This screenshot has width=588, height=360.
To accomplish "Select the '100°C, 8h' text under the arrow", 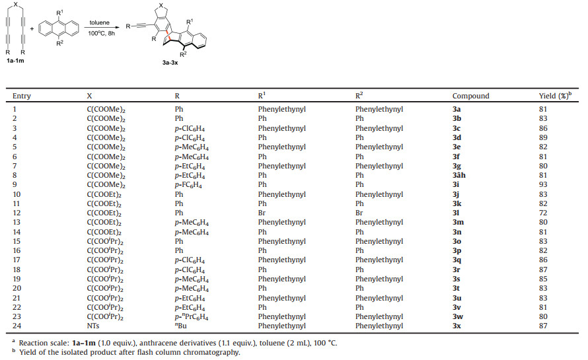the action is pos(101,33).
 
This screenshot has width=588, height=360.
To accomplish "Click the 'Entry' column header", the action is pos(22,96).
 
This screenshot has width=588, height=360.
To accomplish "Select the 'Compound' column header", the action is pos(470,96).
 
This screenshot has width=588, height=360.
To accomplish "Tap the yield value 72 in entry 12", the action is pos(543,213).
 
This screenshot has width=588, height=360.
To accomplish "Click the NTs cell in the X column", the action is pos(93,326).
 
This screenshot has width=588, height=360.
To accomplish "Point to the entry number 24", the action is pos(17,326).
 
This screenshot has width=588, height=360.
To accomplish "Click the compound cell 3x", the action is pos(457,326).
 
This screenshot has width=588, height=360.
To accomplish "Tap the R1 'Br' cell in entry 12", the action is pos(262,213).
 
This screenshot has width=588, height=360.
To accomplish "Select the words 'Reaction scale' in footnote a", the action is pos(42,343).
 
